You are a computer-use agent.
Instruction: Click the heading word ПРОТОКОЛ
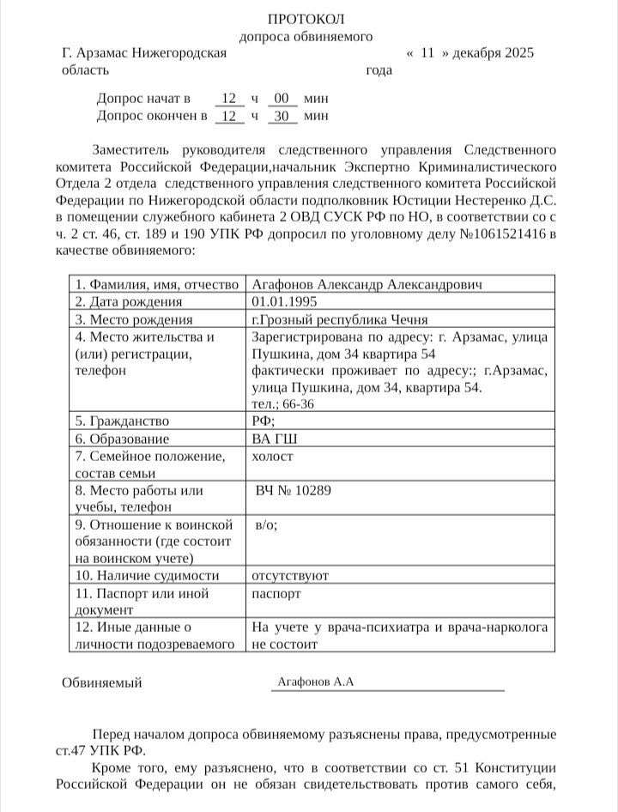[x=306, y=19]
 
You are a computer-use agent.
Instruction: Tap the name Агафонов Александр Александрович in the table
[x=367, y=284]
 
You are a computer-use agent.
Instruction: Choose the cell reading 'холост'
[x=272, y=457]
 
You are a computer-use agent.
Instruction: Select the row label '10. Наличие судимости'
[x=147, y=575]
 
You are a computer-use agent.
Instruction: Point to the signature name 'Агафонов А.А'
[x=316, y=682]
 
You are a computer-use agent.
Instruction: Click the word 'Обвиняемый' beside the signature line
[x=102, y=683]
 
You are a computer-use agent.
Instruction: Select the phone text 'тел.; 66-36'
[x=283, y=403]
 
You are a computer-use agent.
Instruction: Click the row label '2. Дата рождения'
[x=129, y=301]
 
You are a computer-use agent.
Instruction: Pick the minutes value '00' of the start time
[x=282, y=98]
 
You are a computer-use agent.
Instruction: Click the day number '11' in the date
[x=427, y=53]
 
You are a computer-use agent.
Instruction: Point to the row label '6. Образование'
[x=123, y=439]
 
